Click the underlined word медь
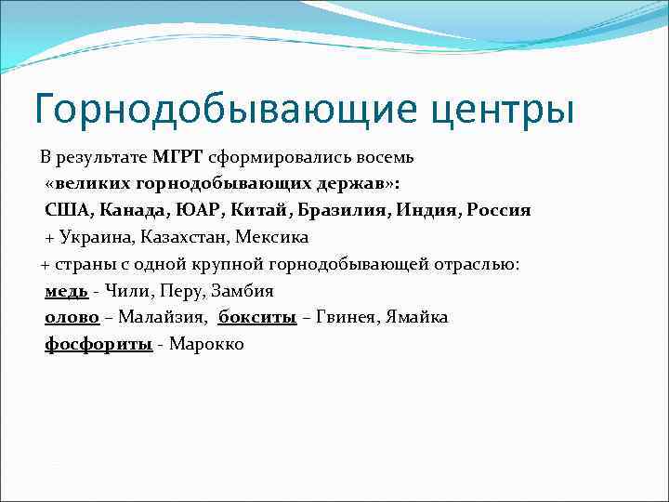[66, 291]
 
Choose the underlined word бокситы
[257, 318]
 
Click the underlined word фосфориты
[98, 345]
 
